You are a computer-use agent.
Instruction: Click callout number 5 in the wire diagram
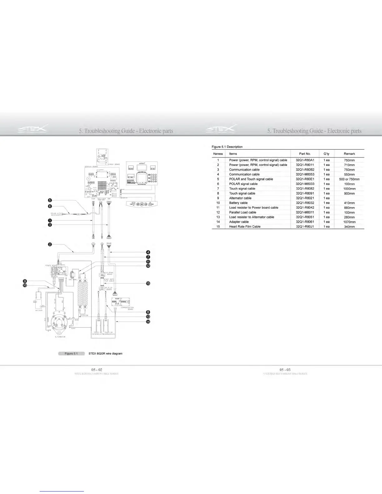point(50,200)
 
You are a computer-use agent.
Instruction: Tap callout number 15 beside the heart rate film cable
point(148,283)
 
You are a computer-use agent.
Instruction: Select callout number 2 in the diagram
point(50,244)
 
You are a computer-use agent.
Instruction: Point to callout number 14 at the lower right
point(148,322)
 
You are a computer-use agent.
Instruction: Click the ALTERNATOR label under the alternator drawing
point(60,337)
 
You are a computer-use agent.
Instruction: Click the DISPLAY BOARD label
point(91,167)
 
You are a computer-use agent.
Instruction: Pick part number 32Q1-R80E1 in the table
point(305,179)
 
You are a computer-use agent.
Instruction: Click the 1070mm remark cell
point(349,222)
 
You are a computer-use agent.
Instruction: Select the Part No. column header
point(305,154)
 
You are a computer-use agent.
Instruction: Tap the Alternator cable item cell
point(240,198)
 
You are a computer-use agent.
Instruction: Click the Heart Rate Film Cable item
point(245,227)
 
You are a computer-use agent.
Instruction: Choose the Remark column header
point(349,154)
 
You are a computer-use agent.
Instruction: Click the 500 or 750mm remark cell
point(349,179)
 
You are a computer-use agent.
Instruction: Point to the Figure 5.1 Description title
point(227,147)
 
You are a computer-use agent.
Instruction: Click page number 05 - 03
point(285,370)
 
